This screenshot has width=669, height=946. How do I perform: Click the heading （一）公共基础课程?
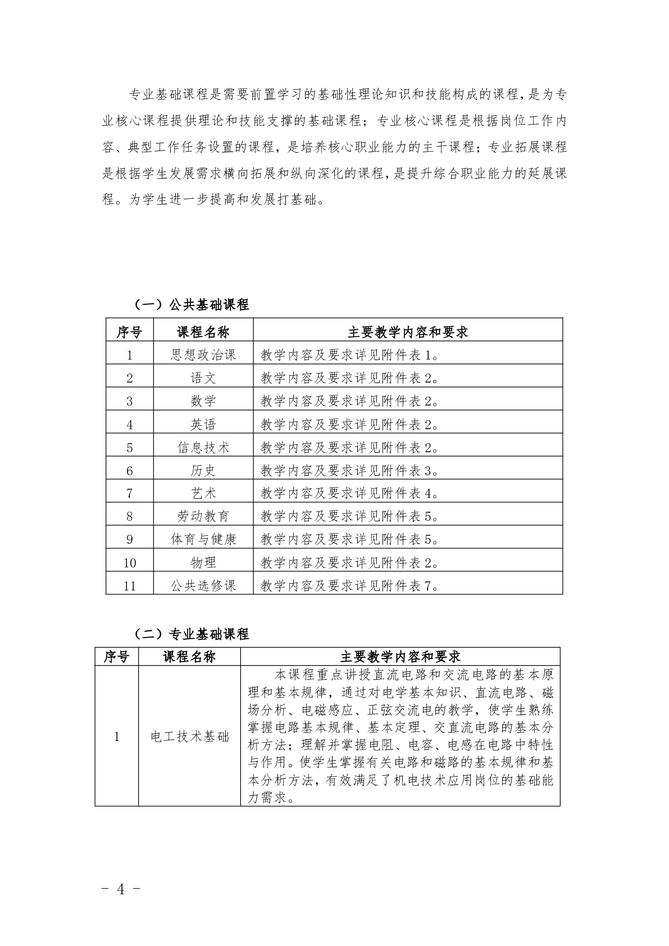192,305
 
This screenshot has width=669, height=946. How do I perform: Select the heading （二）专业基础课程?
192,634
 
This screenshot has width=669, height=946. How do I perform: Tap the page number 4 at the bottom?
120,889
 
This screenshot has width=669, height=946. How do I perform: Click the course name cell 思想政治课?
203,355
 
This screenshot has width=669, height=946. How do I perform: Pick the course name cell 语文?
203,378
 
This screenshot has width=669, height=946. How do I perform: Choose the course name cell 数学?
203,401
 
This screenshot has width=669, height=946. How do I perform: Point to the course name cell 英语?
203,424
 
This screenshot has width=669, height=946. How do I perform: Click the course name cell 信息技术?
203,447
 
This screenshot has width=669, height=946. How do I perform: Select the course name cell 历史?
203,470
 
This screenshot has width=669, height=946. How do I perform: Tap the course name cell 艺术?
203,493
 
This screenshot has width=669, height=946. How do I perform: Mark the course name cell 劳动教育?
203,516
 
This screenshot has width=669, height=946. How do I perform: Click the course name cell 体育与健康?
203,539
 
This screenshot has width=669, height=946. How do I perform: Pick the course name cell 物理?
203,562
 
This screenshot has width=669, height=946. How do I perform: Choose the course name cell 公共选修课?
203,585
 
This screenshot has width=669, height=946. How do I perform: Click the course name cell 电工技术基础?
190,736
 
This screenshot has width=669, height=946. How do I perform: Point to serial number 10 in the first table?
130,562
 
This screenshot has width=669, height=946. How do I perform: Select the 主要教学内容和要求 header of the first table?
408,332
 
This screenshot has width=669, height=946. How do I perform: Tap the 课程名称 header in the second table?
189,657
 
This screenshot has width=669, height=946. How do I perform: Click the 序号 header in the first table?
130,332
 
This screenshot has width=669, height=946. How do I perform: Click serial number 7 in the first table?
130,493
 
